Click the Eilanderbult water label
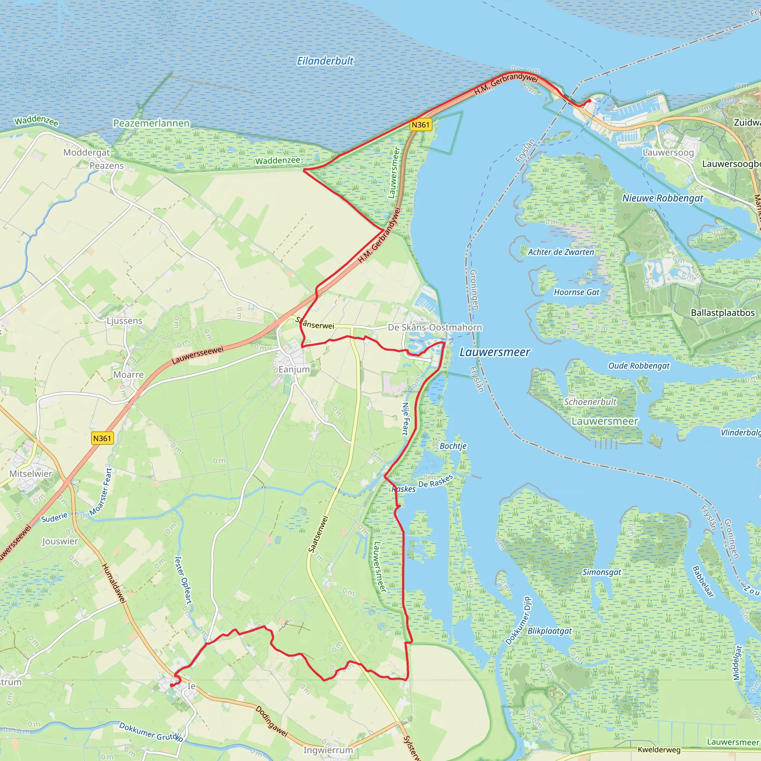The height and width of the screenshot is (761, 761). pos(325,61)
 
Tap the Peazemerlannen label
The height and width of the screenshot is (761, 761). pos(151,123)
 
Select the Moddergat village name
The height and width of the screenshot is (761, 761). pos(87,152)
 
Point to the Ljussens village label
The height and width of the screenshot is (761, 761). pos(124,321)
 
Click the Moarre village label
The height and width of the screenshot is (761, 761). pos(129,375)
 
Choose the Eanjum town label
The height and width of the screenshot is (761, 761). pos(294,369)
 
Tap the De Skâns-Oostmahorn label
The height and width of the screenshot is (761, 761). pos(435,327)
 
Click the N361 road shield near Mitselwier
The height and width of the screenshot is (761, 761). pos(103,438)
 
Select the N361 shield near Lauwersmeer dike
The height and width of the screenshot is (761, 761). pos(421,125)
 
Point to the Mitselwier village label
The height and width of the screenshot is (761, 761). pos(31,473)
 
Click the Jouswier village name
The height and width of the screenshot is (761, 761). pos(60,541)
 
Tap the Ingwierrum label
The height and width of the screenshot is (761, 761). pos(328,750)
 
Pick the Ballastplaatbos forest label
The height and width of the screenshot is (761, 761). pos(723,313)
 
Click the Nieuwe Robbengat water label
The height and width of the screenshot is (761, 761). pos(663,198)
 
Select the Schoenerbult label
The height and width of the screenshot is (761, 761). pos(590,402)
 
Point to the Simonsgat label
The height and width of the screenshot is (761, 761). pos(602,572)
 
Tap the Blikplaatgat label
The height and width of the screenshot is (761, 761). pos(550,631)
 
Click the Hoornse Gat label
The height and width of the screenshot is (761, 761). pos(576,292)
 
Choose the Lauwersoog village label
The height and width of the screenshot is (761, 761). pos(668,152)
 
